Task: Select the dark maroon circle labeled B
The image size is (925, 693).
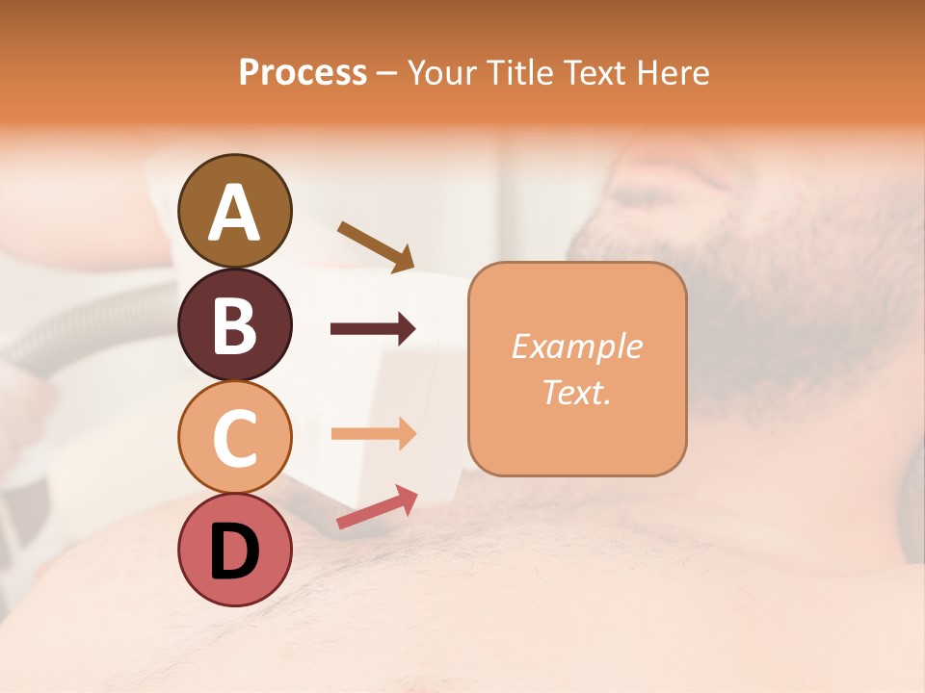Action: tap(234, 324)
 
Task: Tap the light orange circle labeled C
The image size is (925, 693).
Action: tap(234, 438)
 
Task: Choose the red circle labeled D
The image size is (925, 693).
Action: tap(234, 552)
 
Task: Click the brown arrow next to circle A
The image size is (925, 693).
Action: tap(376, 246)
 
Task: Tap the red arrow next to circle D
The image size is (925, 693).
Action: tap(377, 506)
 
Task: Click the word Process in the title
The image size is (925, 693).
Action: tap(303, 73)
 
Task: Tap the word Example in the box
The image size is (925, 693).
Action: tap(576, 346)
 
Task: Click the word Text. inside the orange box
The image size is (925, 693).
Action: tap(576, 392)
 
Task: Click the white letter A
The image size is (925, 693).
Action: tap(234, 214)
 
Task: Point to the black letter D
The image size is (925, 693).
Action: tap(234, 553)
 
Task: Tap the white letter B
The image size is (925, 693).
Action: tap(234, 326)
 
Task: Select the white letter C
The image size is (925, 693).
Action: tap(234, 439)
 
